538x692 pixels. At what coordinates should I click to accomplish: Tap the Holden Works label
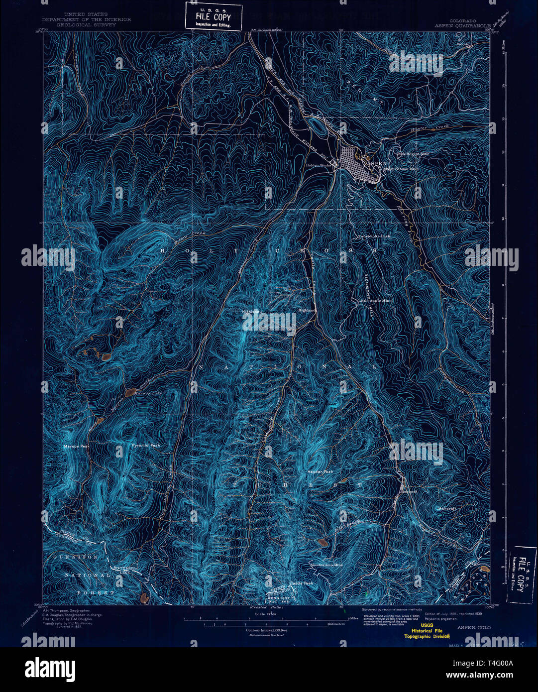(319, 165)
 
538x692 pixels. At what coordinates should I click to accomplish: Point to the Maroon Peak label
(76, 447)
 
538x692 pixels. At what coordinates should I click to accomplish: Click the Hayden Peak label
(320, 471)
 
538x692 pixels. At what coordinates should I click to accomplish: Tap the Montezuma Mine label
(326, 565)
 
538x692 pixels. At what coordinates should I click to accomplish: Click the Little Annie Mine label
(375, 301)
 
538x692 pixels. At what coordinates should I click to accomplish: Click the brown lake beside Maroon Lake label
(131, 393)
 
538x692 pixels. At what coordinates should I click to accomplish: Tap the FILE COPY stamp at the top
(213, 16)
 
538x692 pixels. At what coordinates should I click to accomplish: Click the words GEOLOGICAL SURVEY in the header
(86, 24)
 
